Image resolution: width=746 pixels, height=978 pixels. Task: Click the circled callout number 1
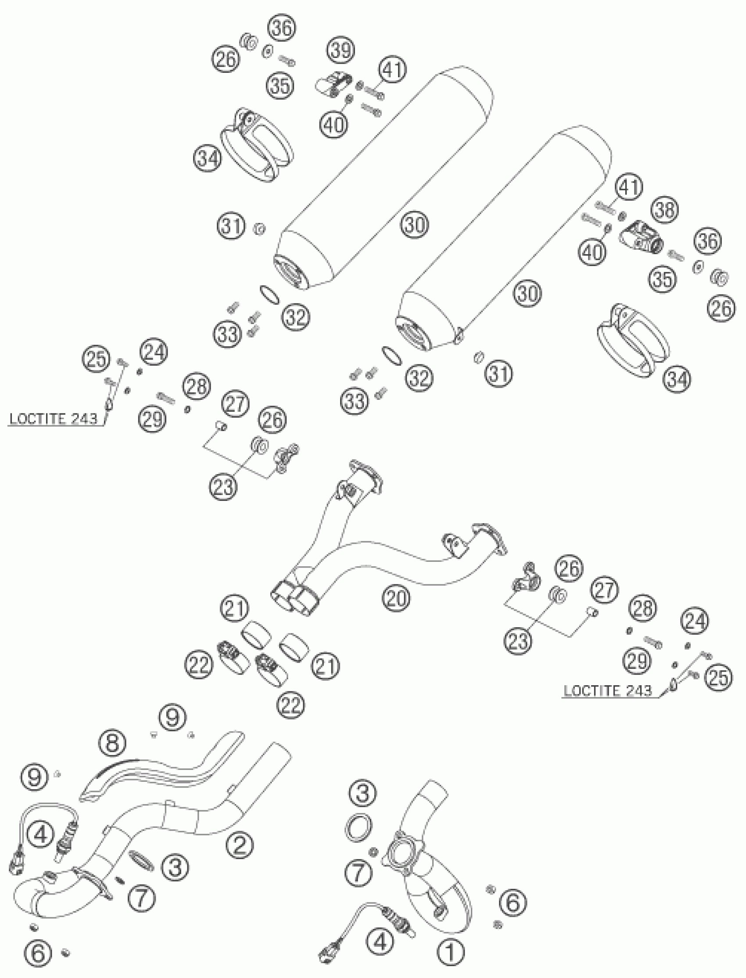450,951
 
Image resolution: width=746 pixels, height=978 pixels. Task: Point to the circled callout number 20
397,599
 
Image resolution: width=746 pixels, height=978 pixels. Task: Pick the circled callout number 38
665,209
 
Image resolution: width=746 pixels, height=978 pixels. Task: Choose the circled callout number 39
341,50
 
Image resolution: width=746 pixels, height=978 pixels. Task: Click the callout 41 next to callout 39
392,70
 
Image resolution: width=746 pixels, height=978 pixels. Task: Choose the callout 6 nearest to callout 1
513,902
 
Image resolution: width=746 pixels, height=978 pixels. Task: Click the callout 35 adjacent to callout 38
663,279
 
